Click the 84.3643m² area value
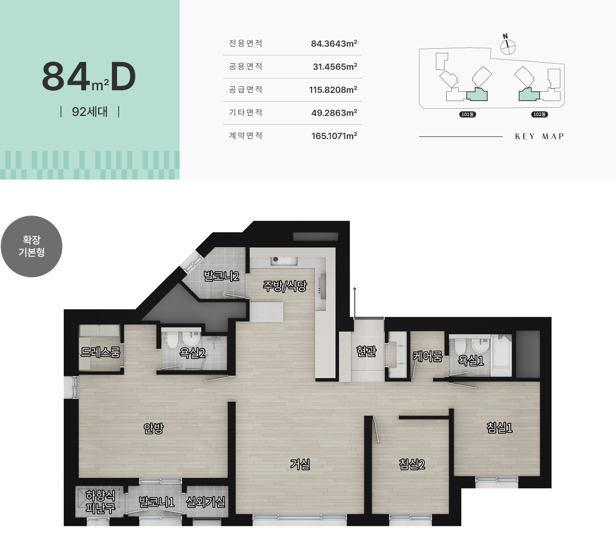click(x=334, y=44)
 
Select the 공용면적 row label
click(x=245, y=66)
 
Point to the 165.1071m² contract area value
click(x=334, y=136)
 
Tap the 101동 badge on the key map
click(x=467, y=114)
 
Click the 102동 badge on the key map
click(x=540, y=114)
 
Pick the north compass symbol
click(x=508, y=45)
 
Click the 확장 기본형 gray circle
click(x=32, y=246)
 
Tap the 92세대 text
click(x=90, y=112)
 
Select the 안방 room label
click(x=153, y=428)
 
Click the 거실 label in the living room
click(x=300, y=464)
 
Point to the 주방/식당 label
click(x=284, y=286)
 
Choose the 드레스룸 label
click(x=101, y=352)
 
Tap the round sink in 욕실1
click(x=480, y=346)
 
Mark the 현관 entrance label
click(x=366, y=351)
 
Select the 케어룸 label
click(x=428, y=356)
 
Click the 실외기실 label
click(x=205, y=502)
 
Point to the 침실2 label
click(x=412, y=464)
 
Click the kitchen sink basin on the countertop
click(x=284, y=261)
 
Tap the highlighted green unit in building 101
click(x=477, y=95)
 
